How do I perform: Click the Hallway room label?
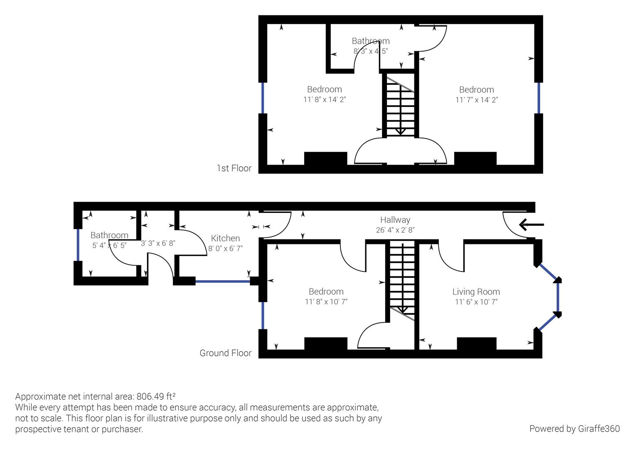tap(395, 220)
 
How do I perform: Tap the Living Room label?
tap(476, 292)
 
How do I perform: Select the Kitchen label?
tap(225, 238)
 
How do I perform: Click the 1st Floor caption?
tap(234, 168)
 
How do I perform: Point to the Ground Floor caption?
tap(225, 353)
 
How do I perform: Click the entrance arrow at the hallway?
tap(531, 225)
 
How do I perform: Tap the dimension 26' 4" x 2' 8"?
tap(395, 230)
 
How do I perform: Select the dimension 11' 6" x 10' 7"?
tap(476, 302)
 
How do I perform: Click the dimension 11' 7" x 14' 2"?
tap(476, 100)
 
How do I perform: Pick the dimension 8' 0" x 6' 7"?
tap(225, 249)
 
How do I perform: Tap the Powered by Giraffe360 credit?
tap(574, 429)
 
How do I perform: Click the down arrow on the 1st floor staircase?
tap(400, 131)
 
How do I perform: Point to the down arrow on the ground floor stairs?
tap(402, 309)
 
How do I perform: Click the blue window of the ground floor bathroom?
tap(78, 245)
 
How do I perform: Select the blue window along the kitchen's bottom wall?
tap(222, 281)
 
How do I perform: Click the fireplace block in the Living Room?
tap(476, 344)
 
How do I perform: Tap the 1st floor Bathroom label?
tap(370, 41)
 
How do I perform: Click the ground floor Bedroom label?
tap(326, 292)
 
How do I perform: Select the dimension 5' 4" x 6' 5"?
tap(109, 245)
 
